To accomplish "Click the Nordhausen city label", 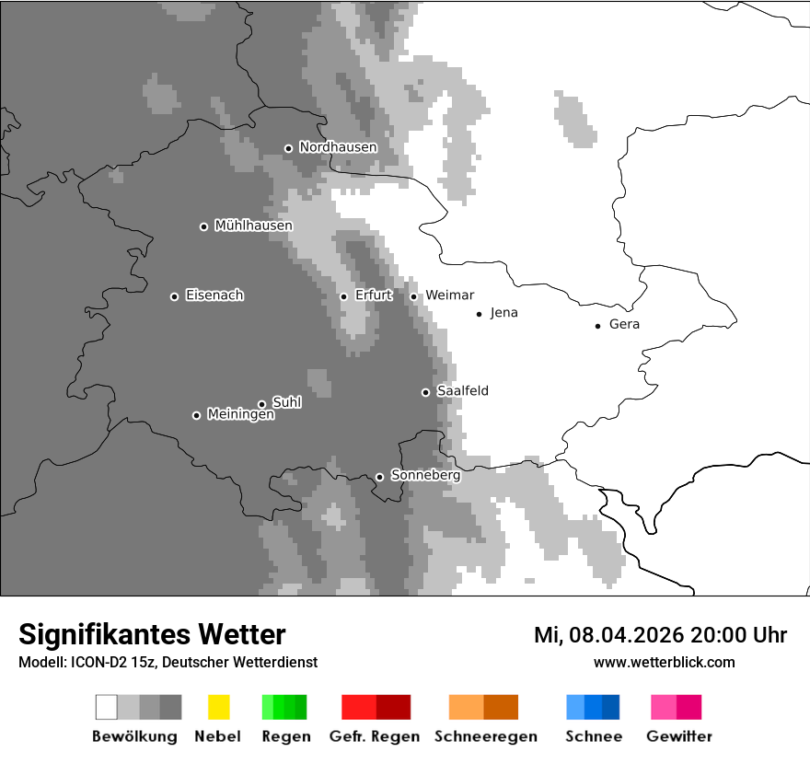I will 338,147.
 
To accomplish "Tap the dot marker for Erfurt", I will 343,296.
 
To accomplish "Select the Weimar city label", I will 449,295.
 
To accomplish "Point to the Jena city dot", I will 479,314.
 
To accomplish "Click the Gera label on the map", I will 624,325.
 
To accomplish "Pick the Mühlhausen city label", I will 253,226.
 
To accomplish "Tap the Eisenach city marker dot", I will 174,296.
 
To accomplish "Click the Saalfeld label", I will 462,391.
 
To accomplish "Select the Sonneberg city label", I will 425,476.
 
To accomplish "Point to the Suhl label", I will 287,402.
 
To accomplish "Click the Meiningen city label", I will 240,415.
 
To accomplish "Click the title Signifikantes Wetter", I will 152,635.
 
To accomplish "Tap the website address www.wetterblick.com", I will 664,663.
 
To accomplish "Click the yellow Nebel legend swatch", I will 218,707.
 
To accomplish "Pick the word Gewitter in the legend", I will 679,736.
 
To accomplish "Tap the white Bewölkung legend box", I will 107,707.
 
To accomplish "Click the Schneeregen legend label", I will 486,736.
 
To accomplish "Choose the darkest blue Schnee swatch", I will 611,707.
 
